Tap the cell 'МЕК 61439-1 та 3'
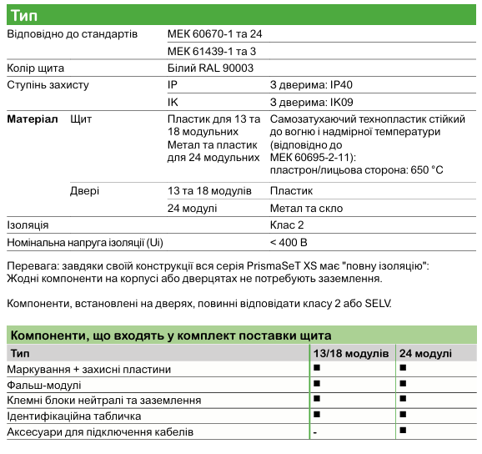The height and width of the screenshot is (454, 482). tap(212, 52)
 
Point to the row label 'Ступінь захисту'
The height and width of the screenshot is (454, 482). tap(48, 85)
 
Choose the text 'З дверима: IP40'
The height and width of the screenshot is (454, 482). tap(309, 85)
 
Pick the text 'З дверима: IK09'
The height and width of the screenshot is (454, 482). tap(309, 102)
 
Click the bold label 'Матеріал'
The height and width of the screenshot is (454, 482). tap(33, 120)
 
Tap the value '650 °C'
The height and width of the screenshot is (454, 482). tap(426, 170)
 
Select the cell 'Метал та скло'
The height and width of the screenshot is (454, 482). tap(306, 208)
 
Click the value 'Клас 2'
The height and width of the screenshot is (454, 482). tap(287, 224)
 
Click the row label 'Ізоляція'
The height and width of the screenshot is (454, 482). tap(28, 224)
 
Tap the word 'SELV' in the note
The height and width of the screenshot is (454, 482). tap(375, 302)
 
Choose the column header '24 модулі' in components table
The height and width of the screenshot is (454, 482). tap(425, 354)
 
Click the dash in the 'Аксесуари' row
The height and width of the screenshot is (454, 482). tap(315, 432)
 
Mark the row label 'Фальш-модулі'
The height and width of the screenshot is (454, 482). tap(44, 385)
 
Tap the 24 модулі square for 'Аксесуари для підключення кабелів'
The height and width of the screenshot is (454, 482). tap(403, 431)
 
